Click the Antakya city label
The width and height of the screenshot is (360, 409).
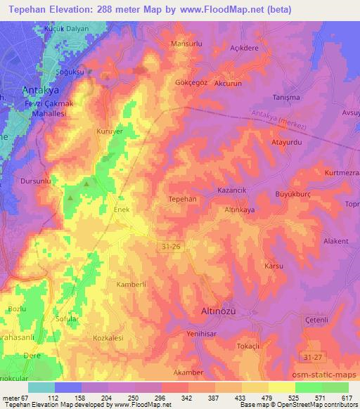(x=41, y=91)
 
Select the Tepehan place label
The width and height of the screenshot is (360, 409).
(x=182, y=199)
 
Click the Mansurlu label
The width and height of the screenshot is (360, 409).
(x=187, y=44)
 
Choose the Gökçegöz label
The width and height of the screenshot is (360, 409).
(x=191, y=82)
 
